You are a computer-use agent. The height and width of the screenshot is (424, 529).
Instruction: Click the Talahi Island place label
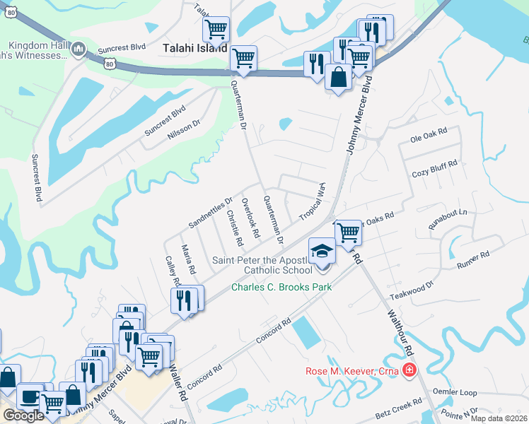pyautogui.click(x=195, y=49)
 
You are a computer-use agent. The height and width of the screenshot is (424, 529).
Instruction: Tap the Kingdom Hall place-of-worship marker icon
pyautogui.click(x=79, y=49)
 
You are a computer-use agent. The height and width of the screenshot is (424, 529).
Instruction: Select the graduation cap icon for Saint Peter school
pyautogui.click(x=322, y=252)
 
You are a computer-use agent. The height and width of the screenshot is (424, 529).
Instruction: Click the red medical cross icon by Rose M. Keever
pyautogui.click(x=409, y=370)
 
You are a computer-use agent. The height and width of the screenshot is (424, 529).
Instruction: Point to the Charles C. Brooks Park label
pyautogui.click(x=281, y=287)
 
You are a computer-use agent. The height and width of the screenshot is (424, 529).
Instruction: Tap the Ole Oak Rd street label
pyautogui.click(x=429, y=132)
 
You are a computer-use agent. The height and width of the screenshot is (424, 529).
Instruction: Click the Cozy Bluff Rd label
pyautogui.click(x=434, y=169)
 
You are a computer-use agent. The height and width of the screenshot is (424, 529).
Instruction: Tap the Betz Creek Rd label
pyautogui.click(x=398, y=406)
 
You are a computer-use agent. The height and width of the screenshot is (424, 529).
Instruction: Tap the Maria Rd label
pyautogui.click(x=188, y=259)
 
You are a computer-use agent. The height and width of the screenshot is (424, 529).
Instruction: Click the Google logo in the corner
pyautogui.click(x=23, y=416)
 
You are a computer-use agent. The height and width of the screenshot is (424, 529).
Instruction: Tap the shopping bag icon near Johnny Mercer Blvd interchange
pyautogui.click(x=339, y=77)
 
